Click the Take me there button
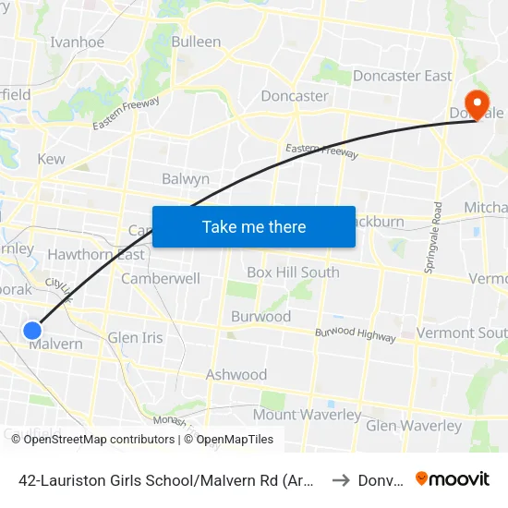click(254, 226)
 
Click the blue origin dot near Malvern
click(32, 330)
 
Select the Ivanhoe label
click(77, 42)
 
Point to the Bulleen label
click(196, 42)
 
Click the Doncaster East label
click(403, 76)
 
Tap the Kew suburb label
click(51, 159)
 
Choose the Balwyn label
click(186, 179)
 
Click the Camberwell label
click(161, 278)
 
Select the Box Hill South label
click(293, 272)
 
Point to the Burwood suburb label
click(260, 317)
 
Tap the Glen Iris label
click(135, 338)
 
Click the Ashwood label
click(236, 375)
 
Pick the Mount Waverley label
click(308, 415)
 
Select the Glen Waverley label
click(414, 426)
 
